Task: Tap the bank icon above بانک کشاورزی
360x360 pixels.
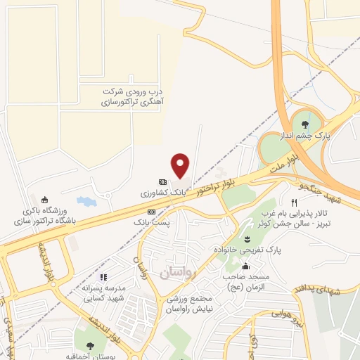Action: click(x=162, y=181)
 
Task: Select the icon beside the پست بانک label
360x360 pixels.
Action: click(x=151, y=211)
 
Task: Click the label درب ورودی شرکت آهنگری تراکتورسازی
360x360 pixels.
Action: click(x=133, y=97)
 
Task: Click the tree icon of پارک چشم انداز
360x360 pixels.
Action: click(x=304, y=125)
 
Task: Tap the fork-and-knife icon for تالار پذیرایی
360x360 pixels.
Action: click(x=284, y=202)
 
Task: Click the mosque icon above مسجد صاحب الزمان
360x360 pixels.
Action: click(x=245, y=266)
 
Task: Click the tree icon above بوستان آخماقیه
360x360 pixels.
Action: click(x=90, y=345)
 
